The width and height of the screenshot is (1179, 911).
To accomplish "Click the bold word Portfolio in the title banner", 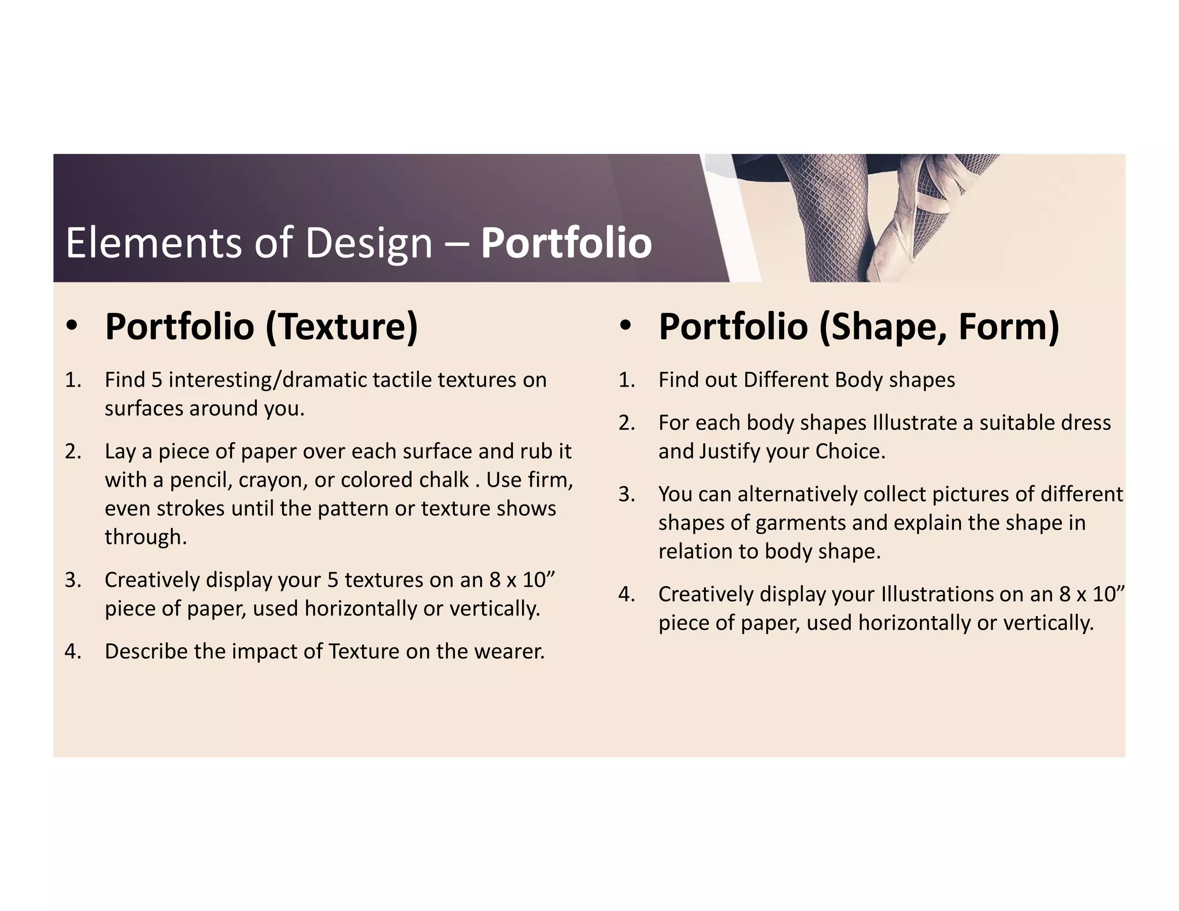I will click(x=566, y=243).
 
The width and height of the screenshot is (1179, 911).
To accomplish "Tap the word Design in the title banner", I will click(x=368, y=243).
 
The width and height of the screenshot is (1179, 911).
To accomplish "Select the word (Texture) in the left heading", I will click(x=341, y=327).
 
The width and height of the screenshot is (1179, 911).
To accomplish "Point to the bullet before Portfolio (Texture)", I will click(x=71, y=327).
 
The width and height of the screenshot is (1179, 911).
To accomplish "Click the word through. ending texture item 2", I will click(x=146, y=537).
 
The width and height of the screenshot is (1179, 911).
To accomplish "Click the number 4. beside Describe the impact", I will click(x=73, y=651).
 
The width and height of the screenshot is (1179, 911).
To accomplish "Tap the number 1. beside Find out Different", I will click(x=627, y=380).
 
